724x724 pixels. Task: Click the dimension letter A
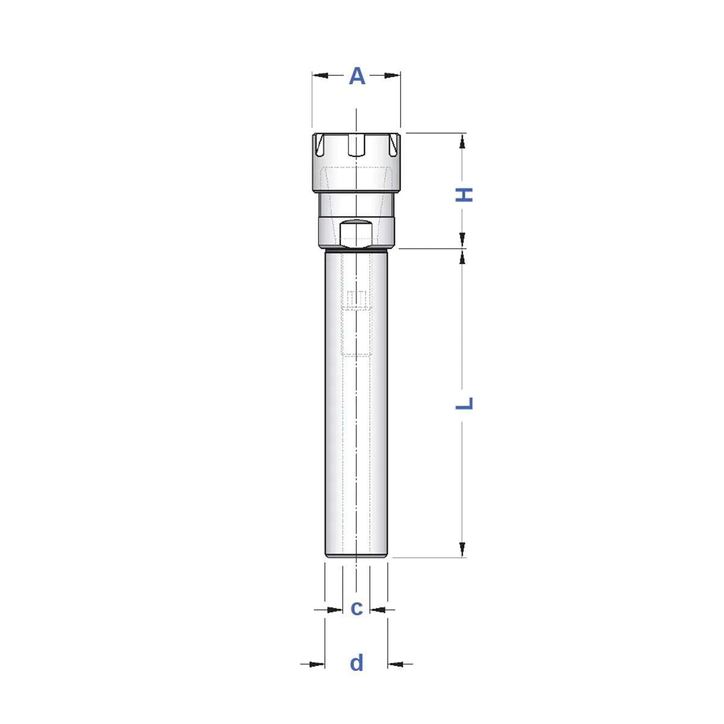pos(357,77)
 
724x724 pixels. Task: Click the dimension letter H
pos(464,195)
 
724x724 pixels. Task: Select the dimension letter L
pos(464,402)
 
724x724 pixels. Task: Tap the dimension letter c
pos(357,608)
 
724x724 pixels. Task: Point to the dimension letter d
pos(357,663)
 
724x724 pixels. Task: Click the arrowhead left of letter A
pos(320,75)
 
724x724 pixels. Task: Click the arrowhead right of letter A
pos(393,75)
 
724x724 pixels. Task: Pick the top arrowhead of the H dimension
pos(462,141)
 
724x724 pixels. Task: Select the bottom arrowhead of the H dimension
pos(462,240)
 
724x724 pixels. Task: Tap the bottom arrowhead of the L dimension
pos(462,549)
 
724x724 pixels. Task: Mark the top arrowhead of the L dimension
pos(462,257)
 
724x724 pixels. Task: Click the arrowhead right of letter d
pos(396,664)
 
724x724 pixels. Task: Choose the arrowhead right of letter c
pos(378,610)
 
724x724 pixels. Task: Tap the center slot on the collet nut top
pos(357,145)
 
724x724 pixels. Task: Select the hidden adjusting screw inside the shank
pos(357,299)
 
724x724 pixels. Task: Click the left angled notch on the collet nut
pos(320,145)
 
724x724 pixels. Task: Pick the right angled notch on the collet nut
pos(393,145)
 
